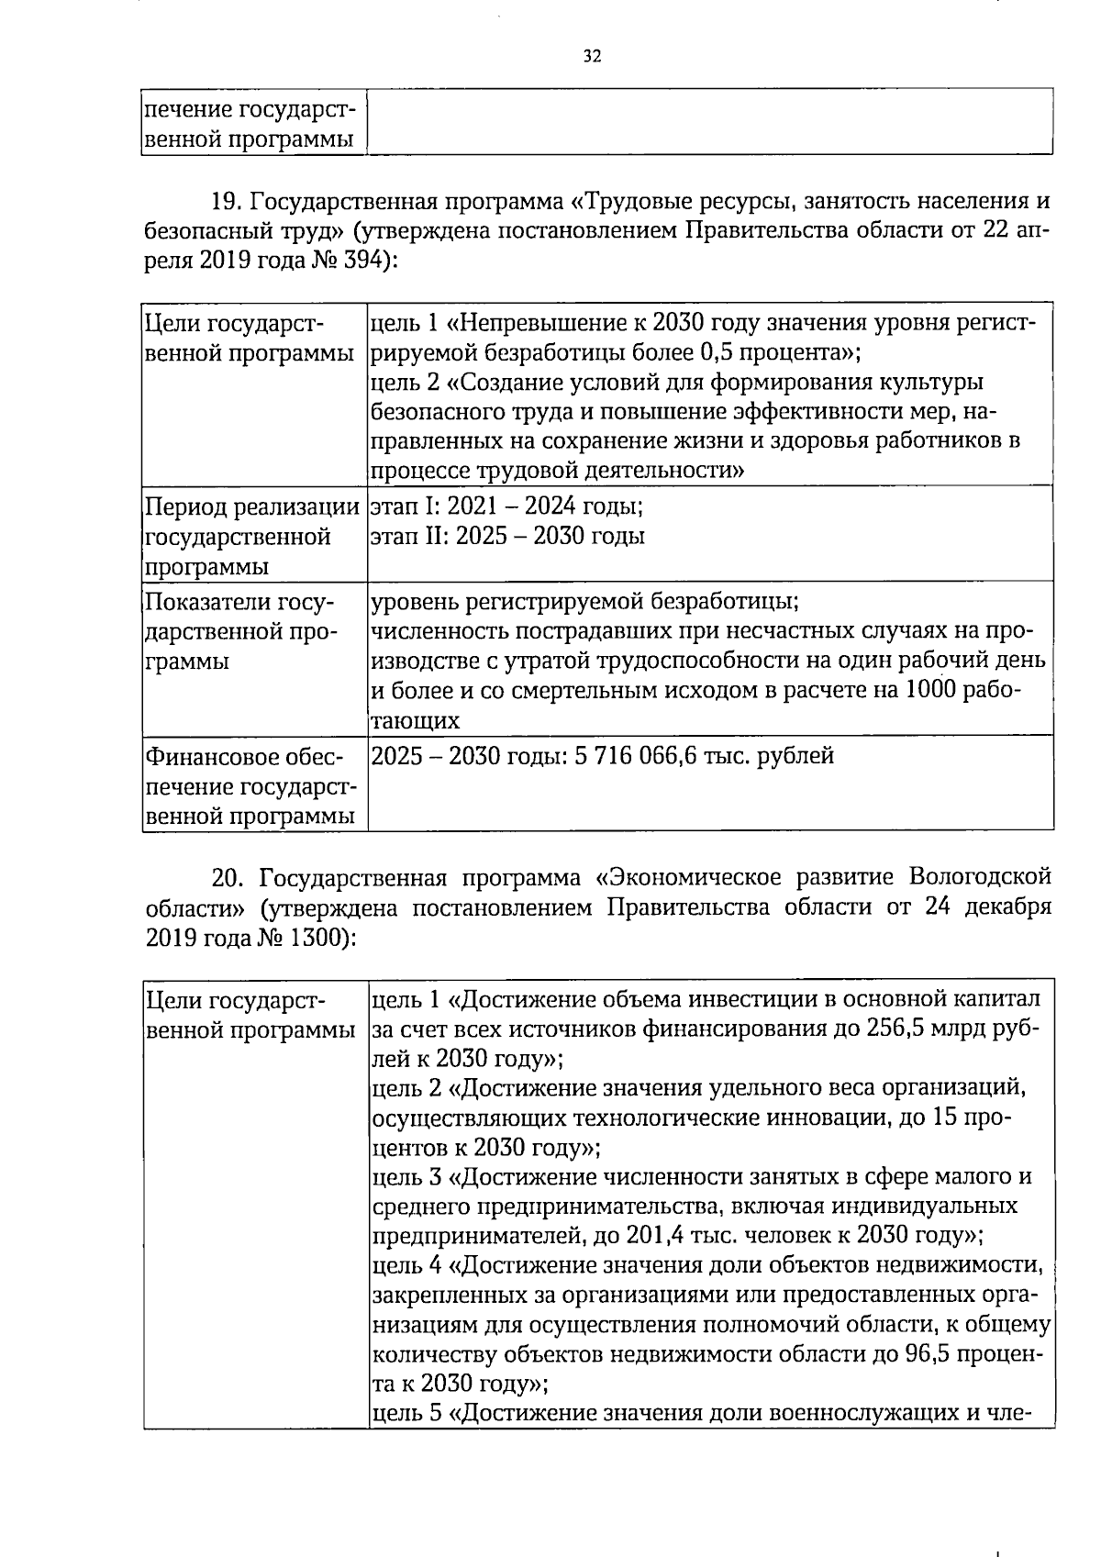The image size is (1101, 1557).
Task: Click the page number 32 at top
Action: (x=592, y=57)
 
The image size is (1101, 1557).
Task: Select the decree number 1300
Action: (x=315, y=938)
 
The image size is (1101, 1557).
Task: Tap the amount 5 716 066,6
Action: (x=635, y=756)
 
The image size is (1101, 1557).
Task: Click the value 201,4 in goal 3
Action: (x=655, y=1234)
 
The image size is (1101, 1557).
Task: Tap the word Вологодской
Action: (x=980, y=878)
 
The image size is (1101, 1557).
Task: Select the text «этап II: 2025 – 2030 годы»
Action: (x=507, y=536)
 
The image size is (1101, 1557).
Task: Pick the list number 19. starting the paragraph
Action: (x=226, y=200)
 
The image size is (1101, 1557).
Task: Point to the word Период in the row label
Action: (x=186, y=506)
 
